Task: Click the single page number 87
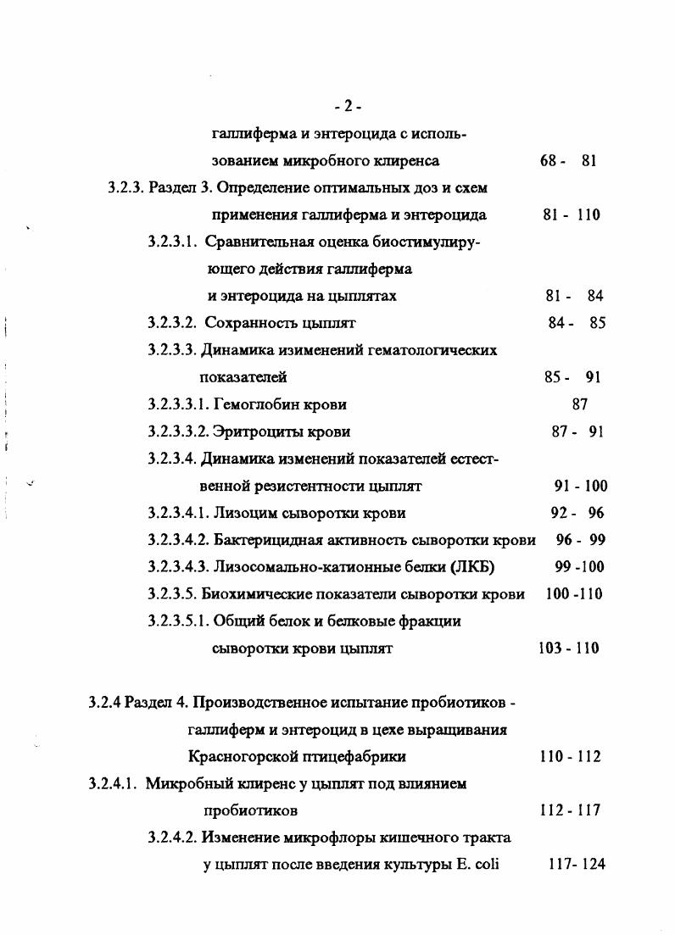pyautogui.click(x=580, y=404)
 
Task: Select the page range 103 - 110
pyautogui.click(x=568, y=648)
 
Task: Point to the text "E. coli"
pyautogui.click(x=482, y=865)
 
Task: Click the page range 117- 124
pyautogui.click(x=577, y=865)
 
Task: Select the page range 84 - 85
pyautogui.click(x=577, y=323)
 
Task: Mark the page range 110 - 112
pyautogui.click(x=570, y=756)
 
